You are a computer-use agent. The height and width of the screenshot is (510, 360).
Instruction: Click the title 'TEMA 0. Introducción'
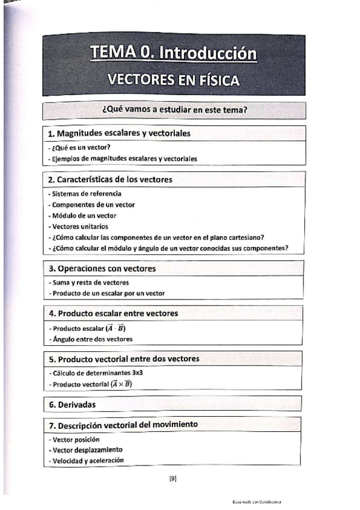[x=174, y=54]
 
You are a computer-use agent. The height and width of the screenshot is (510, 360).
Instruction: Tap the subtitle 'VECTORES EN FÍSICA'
[x=173, y=80]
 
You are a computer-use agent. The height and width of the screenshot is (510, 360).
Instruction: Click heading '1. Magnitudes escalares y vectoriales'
[x=119, y=134]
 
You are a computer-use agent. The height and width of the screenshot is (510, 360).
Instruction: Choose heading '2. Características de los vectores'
[x=110, y=179]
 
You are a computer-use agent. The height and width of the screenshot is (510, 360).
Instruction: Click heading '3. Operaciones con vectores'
[x=102, y=268]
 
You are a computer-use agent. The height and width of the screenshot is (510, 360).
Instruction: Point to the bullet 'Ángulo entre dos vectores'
[x=91, y=339]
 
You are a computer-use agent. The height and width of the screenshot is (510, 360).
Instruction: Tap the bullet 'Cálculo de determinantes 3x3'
[x=93, y=373]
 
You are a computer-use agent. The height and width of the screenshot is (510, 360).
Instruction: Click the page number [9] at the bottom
[x=172, y=479]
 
